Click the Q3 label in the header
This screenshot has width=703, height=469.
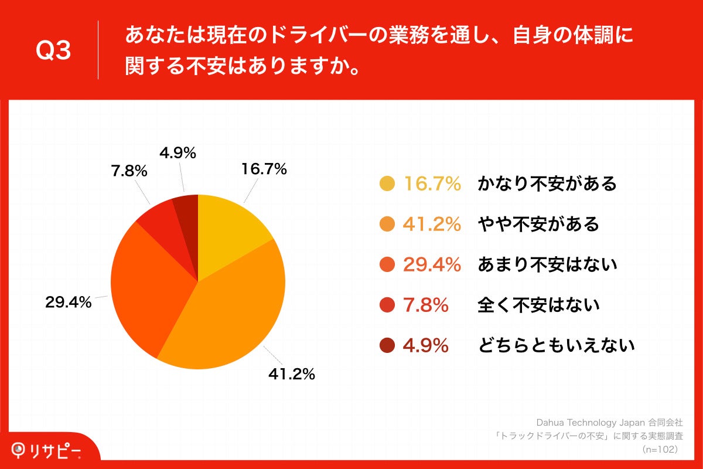pyautogui.click(x=53, y=52)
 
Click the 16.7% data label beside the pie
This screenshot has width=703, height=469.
pyautogui.click(x=264, y=169)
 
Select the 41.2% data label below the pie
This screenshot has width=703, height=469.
pyautogui.click(x=291, y=374)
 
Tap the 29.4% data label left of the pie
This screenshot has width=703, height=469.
pyautogui.click(x=68, y=303)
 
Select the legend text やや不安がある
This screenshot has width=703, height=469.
pyautogui.click(x=538, y=224)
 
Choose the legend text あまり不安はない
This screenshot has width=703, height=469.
pyautogui.click(x=547, y=265)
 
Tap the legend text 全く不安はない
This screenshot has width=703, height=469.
pyautogui.click(x=538, y=305)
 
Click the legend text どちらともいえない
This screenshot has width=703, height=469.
pyautogui.click(x=556, y=346)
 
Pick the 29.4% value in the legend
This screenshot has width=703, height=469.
pyautogui.click(x=432, y=265)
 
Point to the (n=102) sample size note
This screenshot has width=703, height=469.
pyautogui.click(x=660, y=449)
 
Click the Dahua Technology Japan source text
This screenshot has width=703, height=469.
pyautogui.click(x=609, y=422)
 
